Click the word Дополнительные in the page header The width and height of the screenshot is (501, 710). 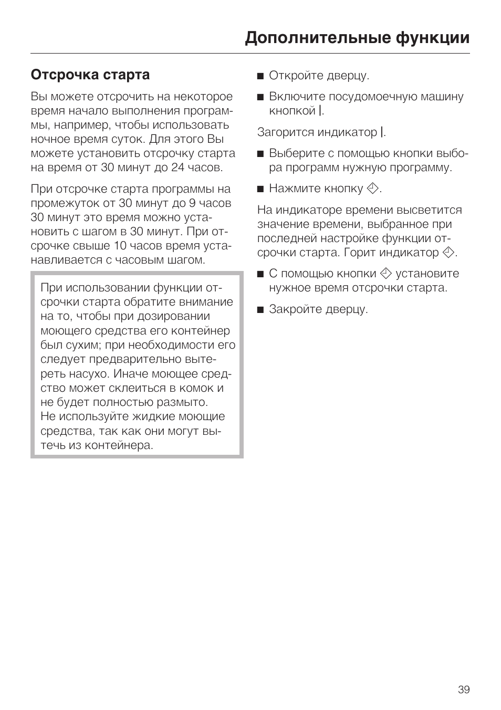309,38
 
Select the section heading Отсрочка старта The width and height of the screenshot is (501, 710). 90,75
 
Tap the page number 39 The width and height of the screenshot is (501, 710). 463,690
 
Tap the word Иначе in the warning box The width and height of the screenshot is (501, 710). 131,374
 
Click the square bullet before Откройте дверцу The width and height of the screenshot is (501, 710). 260,76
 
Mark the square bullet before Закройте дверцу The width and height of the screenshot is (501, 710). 260,309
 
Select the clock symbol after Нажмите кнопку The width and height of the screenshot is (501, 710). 372,189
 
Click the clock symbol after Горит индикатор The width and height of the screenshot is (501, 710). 448,253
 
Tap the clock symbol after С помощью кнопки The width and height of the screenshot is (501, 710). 386,274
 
